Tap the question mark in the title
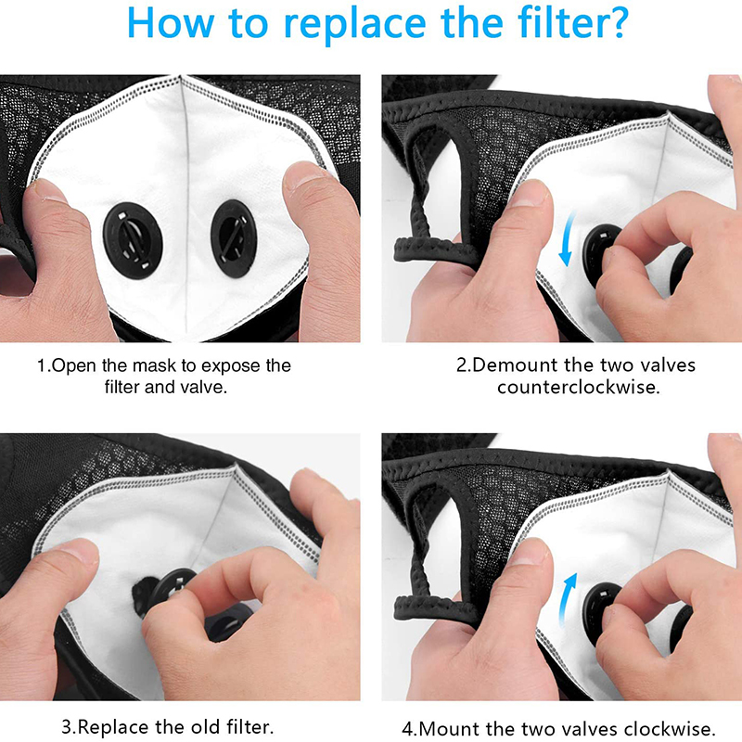(616, 21)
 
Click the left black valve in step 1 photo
(133, 240)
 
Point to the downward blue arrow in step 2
(567, 239)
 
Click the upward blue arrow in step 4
(567, 599)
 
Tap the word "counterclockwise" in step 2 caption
(577, 388)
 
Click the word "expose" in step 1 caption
(231, 366)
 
